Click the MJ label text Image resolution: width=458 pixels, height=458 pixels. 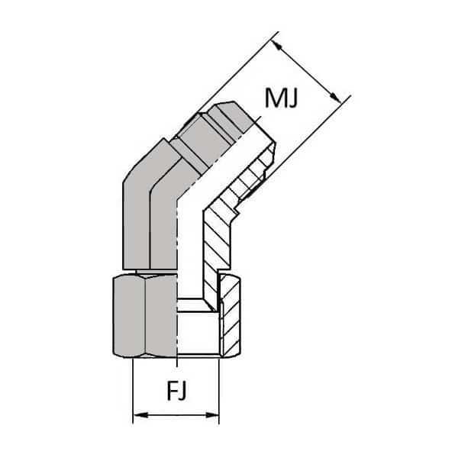click(281, 98)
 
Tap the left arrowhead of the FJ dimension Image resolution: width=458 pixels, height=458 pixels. click(138, 417)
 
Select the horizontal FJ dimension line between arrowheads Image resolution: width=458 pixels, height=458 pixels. click(176, 417)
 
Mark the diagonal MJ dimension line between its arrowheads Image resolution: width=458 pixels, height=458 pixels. click(307, 73)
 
